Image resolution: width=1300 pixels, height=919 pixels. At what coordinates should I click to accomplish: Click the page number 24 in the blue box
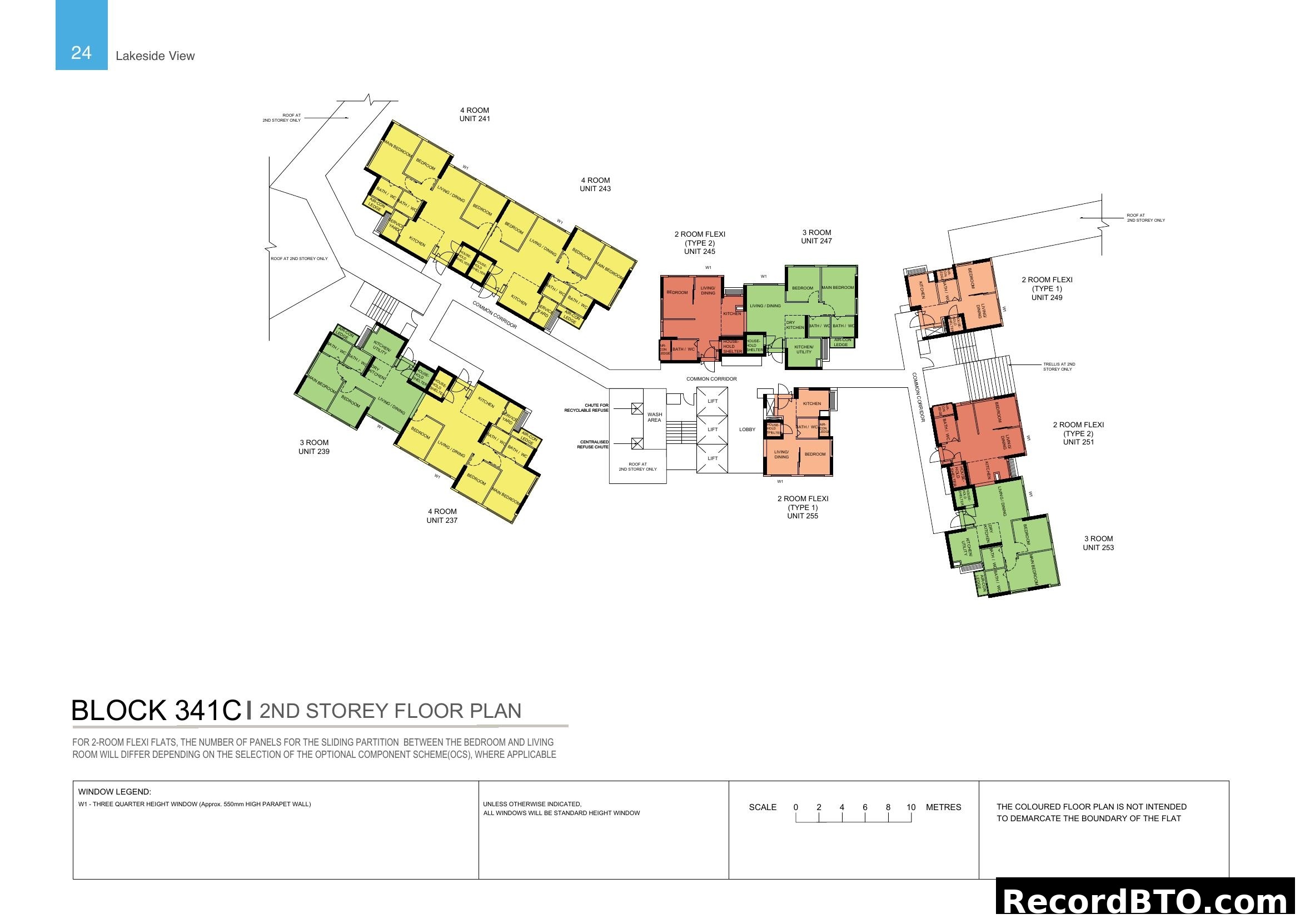[x=81, y=53]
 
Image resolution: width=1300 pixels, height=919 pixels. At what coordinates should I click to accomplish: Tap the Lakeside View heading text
[x=155, y=56]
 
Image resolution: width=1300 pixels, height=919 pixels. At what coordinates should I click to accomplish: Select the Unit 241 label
[x=475, y=119]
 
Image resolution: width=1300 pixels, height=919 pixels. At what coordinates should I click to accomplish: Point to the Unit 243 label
[x=595, y=189]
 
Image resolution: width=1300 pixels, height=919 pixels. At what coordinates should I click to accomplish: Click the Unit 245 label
[x=699, y=252]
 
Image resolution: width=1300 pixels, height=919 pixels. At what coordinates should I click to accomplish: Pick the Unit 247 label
[x=816, y=241]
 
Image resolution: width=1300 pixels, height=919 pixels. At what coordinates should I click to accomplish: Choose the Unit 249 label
[x=1047, y=298]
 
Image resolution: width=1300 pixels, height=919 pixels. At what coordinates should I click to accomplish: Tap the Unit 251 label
[x=1078, y=442]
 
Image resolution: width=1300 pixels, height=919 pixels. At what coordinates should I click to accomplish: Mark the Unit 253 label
[x=1098, y=548]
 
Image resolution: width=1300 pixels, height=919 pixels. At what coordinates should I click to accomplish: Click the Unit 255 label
[x=803, y=516]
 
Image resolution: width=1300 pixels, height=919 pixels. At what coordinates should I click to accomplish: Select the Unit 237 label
[x=442, y=521]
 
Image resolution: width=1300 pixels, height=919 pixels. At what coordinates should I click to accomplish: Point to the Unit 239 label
[x=313, y=452]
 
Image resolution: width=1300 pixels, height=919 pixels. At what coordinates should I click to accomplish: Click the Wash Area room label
[x=654, y=418]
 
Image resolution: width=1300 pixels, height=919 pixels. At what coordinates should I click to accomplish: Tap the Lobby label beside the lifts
[x=747, y=429]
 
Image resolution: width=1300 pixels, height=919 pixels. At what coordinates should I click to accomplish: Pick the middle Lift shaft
[x=713, y=429]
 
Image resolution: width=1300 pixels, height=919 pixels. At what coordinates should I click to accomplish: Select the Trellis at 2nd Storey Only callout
[x=1059, y=367]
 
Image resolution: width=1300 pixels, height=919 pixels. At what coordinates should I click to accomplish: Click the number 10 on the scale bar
[x=910, y=807]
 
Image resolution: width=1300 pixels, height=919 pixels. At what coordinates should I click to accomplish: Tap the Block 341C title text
[x=156, y=711]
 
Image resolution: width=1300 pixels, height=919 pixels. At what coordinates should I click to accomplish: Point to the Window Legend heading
[x=114, y=792]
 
